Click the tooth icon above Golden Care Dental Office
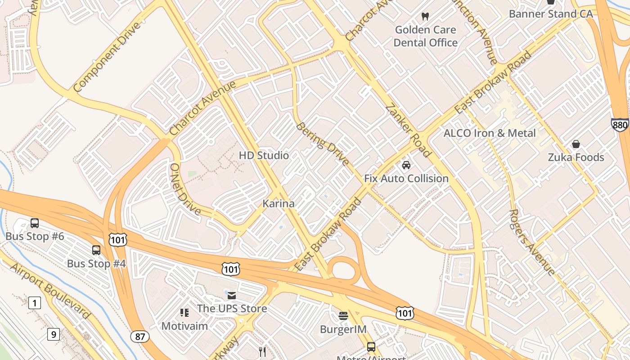click(x=424, y=17)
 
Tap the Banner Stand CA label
click(x=551, y=14)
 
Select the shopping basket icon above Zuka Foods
click(x=576, y=144)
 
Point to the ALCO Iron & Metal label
click(x=490, y=133)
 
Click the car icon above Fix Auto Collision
click(x=406, y=165)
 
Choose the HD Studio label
click(x=264, y=156)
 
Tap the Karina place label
click(x=279, y=203)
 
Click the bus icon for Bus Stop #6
click(x=35, y=223)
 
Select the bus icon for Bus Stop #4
click(x=96, y=250)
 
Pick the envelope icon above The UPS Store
click(x=232, y=295)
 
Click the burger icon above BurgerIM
click(x=343, y=316)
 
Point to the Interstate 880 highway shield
click(x=620, y=125)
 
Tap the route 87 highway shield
click(x=140, y=337)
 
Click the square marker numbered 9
click(x=54, y=334)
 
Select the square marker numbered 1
click(x=35, y=303)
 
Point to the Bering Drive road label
click(x=322, y=144)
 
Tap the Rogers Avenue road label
click(x=532, y=242)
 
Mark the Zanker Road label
click(x=409, y=130)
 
